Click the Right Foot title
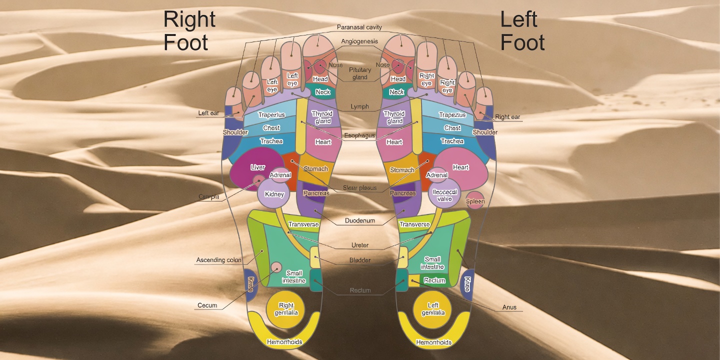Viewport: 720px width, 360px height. point(189,31)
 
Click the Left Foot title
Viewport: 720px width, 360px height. point(522,31)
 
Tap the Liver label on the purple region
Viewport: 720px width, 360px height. point(257,167)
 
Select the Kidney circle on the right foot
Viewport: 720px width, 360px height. point(274,194)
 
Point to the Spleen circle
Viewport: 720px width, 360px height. point(475,201)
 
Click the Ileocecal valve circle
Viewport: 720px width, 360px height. point(444,195)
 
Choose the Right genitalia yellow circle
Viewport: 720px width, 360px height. point(286,308)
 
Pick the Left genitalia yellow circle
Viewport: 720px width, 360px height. point(433,308)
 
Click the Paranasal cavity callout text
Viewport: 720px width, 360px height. point(359,27)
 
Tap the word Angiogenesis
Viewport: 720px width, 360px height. point(359,41)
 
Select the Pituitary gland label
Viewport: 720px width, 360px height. point(360,73)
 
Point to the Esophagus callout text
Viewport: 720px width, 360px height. point(359,135)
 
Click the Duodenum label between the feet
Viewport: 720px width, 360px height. point(359,220)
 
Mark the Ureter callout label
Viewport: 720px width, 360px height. point(359,245)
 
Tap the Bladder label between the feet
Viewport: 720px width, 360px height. point(359,260)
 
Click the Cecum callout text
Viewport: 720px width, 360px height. point(207,305)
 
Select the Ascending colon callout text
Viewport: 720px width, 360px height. point(218,260)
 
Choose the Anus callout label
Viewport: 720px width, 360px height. point(509,307)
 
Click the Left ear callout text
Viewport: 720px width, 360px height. point(208,113)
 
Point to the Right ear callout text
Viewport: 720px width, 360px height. point(507,117)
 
